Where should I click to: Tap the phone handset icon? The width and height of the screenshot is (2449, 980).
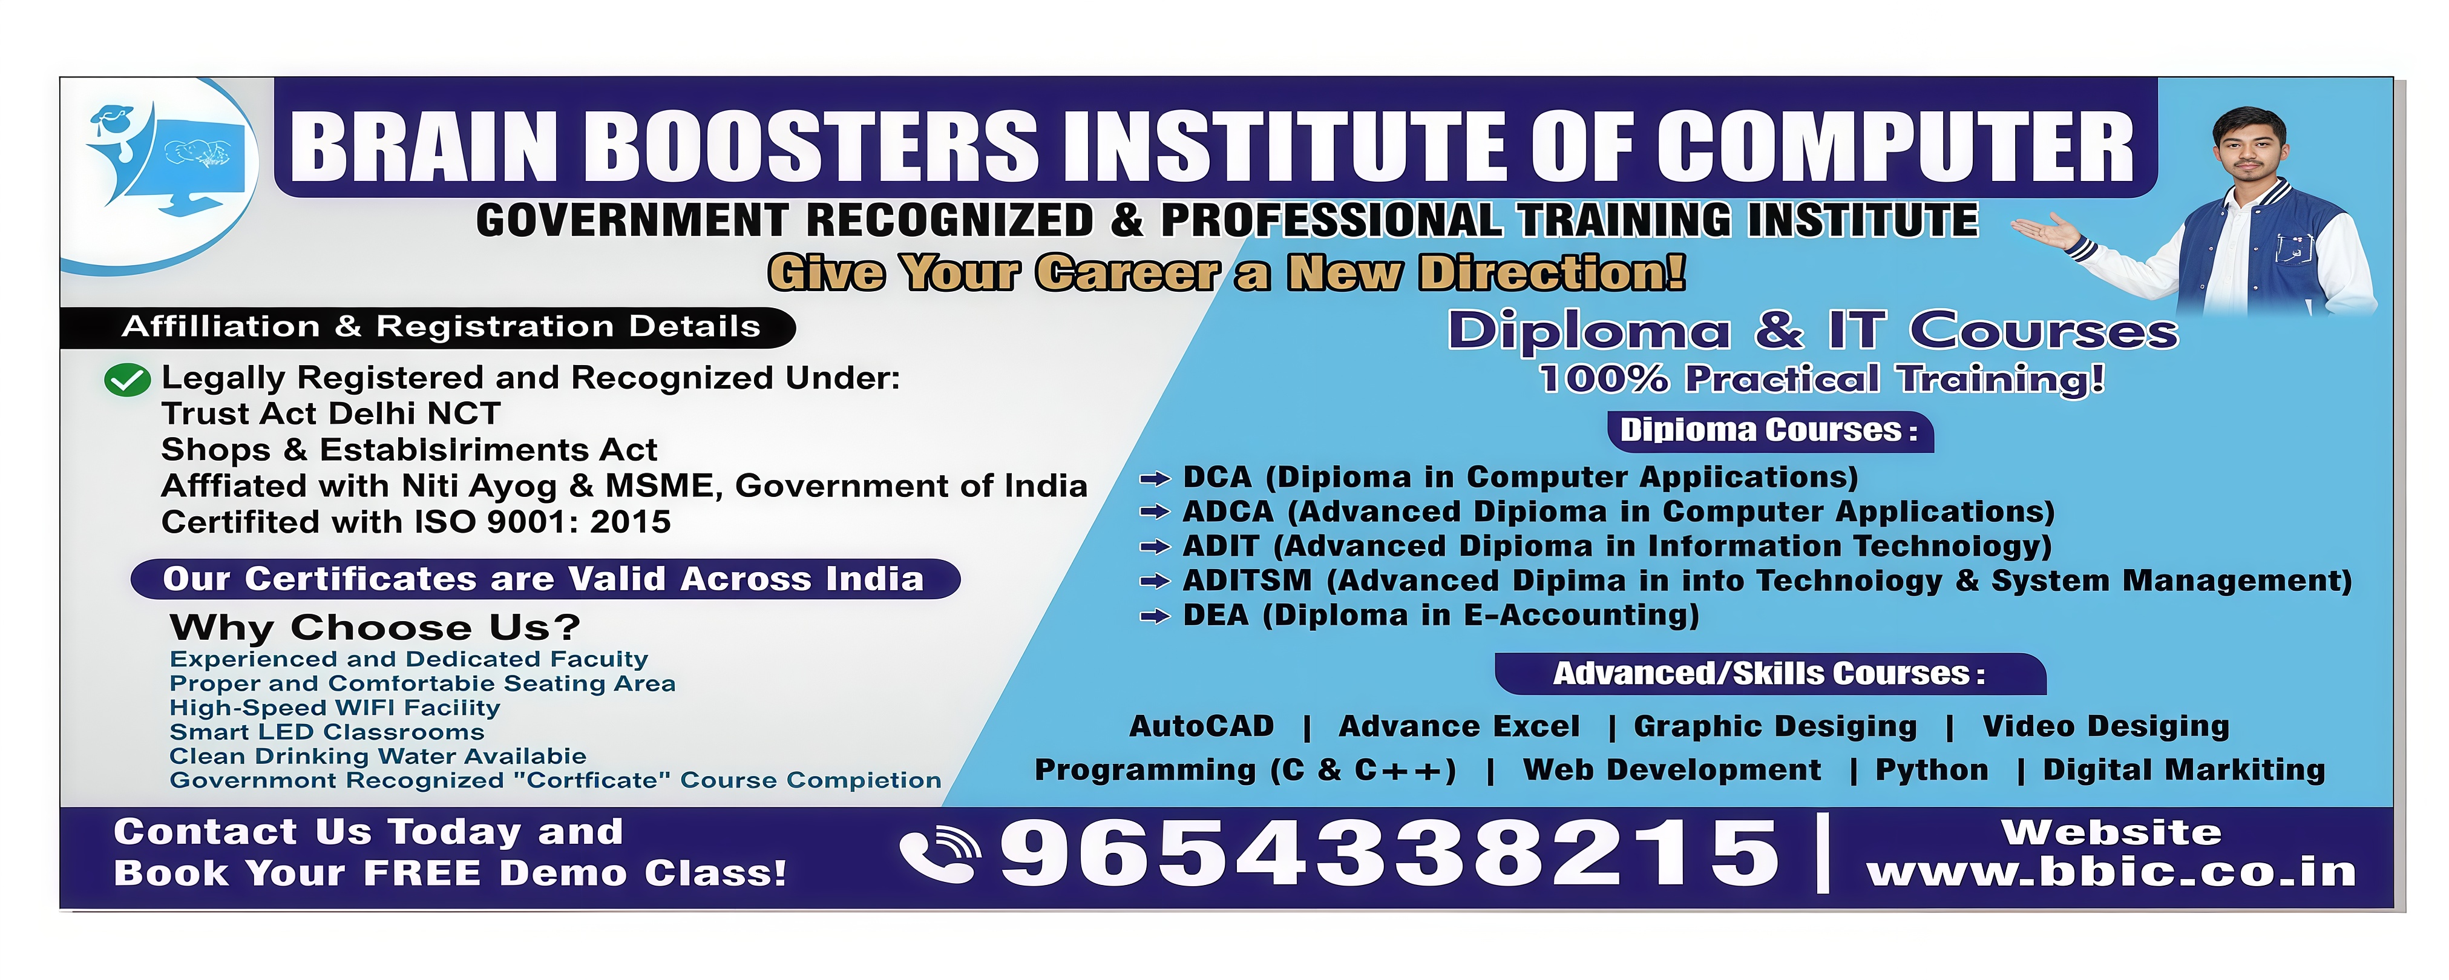[x=939, y=853]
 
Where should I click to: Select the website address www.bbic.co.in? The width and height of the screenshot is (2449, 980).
[x=2111, y=872]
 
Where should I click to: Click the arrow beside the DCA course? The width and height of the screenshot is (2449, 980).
[x=1154, y=478]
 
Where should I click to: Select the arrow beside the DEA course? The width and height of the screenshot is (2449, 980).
[x=1154, y=617]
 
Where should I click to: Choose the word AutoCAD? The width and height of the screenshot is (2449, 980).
[x=1202, y=726]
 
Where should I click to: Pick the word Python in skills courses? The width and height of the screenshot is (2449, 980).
[x=1932, y=770]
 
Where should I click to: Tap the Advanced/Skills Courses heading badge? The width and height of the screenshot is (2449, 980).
[x=1770, y=674]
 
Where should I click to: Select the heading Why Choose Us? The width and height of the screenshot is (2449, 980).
[x=375, y=627]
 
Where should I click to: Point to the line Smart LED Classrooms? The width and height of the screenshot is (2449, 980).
[x=327, y=732]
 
